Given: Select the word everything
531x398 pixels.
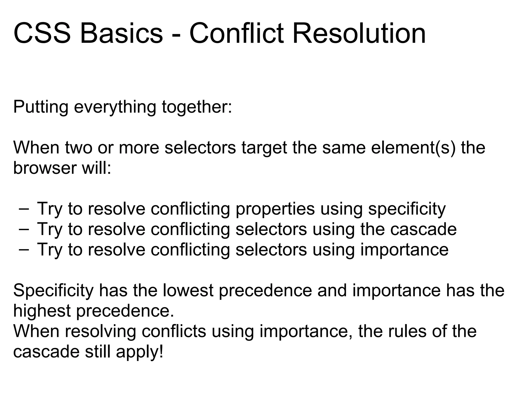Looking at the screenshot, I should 115,107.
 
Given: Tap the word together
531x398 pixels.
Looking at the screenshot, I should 197,107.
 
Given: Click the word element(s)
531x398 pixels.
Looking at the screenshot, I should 413,148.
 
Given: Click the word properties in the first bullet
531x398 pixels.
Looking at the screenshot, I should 275,209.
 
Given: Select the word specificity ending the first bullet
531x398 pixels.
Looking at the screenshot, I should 407,209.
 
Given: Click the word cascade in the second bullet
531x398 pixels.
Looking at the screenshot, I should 423,229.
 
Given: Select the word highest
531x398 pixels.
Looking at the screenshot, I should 42,311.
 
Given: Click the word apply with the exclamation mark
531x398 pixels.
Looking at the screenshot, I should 140,352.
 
